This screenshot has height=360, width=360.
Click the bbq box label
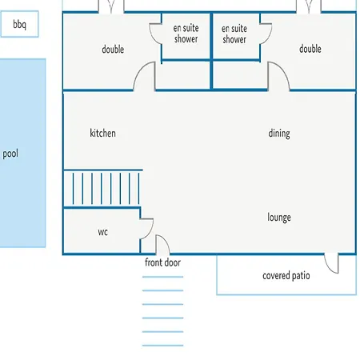(19, 24)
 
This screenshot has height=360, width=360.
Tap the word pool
(10, 154)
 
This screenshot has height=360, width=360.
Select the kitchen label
(102, 133)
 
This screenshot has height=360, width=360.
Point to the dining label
(279, 134)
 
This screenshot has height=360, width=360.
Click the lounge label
(279, 218)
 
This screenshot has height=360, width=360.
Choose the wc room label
(102, 232)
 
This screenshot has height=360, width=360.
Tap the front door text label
(162, 262)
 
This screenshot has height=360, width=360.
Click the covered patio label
(286, 276)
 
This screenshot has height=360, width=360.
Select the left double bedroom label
(113, 50)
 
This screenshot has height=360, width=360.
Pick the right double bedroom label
(310, 49)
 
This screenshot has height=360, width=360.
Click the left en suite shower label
(186, 34)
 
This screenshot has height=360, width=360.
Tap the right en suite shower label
(234, 34)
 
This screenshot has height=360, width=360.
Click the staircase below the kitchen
(103, 188)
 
